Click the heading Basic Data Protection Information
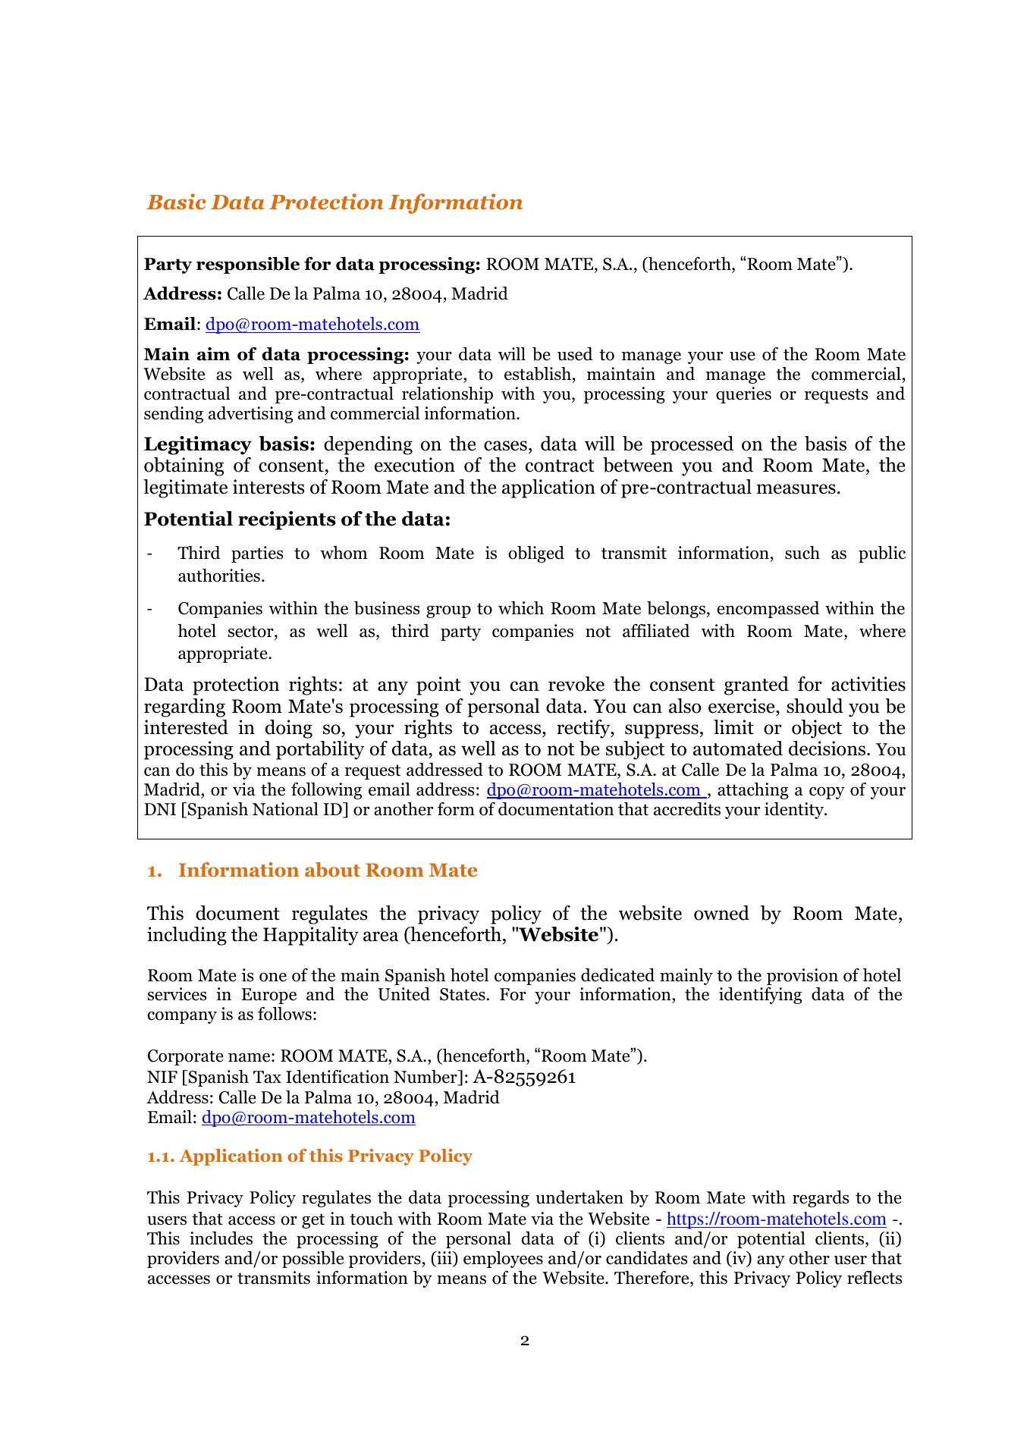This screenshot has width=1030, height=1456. [x=334, y=202]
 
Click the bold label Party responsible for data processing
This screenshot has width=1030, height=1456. [x=312, y=265]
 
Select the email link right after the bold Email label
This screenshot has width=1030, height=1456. [x=312, y=325]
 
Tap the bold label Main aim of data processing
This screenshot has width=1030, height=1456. [x=277, y=355]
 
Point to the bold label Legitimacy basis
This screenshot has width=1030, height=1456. [x=230, y=444]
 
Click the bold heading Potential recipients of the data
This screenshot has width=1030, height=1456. [x=297, y=519]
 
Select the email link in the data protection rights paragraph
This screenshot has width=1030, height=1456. [x=595, y=790]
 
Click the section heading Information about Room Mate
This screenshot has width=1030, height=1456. [x=327, y=871]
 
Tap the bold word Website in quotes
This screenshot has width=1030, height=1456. [x=559, y=935]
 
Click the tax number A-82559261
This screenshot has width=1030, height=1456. [x=525, y=1078]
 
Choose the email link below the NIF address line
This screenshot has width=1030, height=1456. [x=309, y=1118]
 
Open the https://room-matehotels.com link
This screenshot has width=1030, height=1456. [x=776, y=1219]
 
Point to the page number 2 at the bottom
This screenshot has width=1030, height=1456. [x=525, y=1341]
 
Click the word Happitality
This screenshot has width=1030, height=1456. [x=310, y=935]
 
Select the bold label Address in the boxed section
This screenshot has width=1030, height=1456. [x=183, y=294]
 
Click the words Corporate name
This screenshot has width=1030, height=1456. [x=211, y=1057]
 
